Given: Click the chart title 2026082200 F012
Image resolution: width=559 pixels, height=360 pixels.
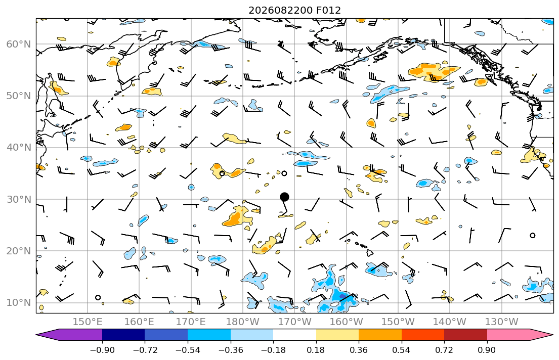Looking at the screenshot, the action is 294,10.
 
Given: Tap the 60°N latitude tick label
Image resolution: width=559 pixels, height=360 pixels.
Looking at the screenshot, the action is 19,44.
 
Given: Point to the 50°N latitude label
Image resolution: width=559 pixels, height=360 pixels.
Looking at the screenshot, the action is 19,96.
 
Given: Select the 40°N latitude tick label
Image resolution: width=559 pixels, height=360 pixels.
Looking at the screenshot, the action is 19,148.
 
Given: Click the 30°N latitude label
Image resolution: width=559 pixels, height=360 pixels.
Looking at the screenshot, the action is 19,199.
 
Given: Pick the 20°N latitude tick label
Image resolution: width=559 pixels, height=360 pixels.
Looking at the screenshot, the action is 19,251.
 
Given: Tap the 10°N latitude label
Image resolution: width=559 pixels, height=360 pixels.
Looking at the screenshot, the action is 19,303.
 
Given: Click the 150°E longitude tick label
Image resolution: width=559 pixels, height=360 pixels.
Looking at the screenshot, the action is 88,322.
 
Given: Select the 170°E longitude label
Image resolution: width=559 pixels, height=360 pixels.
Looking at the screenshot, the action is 191,322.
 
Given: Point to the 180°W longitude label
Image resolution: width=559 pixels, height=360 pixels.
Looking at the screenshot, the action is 243,322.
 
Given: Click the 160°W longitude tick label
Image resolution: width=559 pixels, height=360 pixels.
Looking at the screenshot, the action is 347,322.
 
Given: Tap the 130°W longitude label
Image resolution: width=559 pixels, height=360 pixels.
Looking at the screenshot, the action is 502,322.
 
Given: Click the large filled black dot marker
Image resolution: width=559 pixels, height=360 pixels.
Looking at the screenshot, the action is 284,197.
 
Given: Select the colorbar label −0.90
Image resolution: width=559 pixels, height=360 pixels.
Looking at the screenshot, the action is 102,350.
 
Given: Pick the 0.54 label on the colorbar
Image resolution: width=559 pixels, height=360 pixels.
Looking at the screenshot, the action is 402,350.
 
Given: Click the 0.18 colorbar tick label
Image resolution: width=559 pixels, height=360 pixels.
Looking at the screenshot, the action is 316,350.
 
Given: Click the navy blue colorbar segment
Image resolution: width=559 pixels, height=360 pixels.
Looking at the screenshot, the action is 123,335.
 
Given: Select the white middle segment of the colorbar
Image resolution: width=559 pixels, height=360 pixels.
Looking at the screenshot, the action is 294,335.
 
